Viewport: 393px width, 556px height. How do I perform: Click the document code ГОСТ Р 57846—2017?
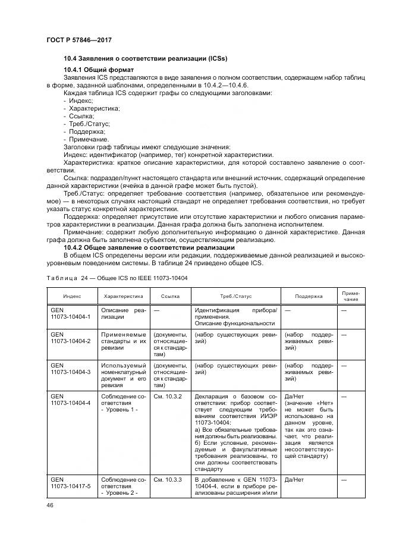pos(78,39)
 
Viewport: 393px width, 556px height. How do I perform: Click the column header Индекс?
pos(72,295)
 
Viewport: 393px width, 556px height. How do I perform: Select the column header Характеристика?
pos(123,295)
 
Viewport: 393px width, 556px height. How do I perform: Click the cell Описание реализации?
pos(123,313)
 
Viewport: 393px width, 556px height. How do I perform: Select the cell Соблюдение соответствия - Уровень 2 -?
pos(123,485)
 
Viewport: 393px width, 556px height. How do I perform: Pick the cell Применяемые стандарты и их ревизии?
pos(123,341)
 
